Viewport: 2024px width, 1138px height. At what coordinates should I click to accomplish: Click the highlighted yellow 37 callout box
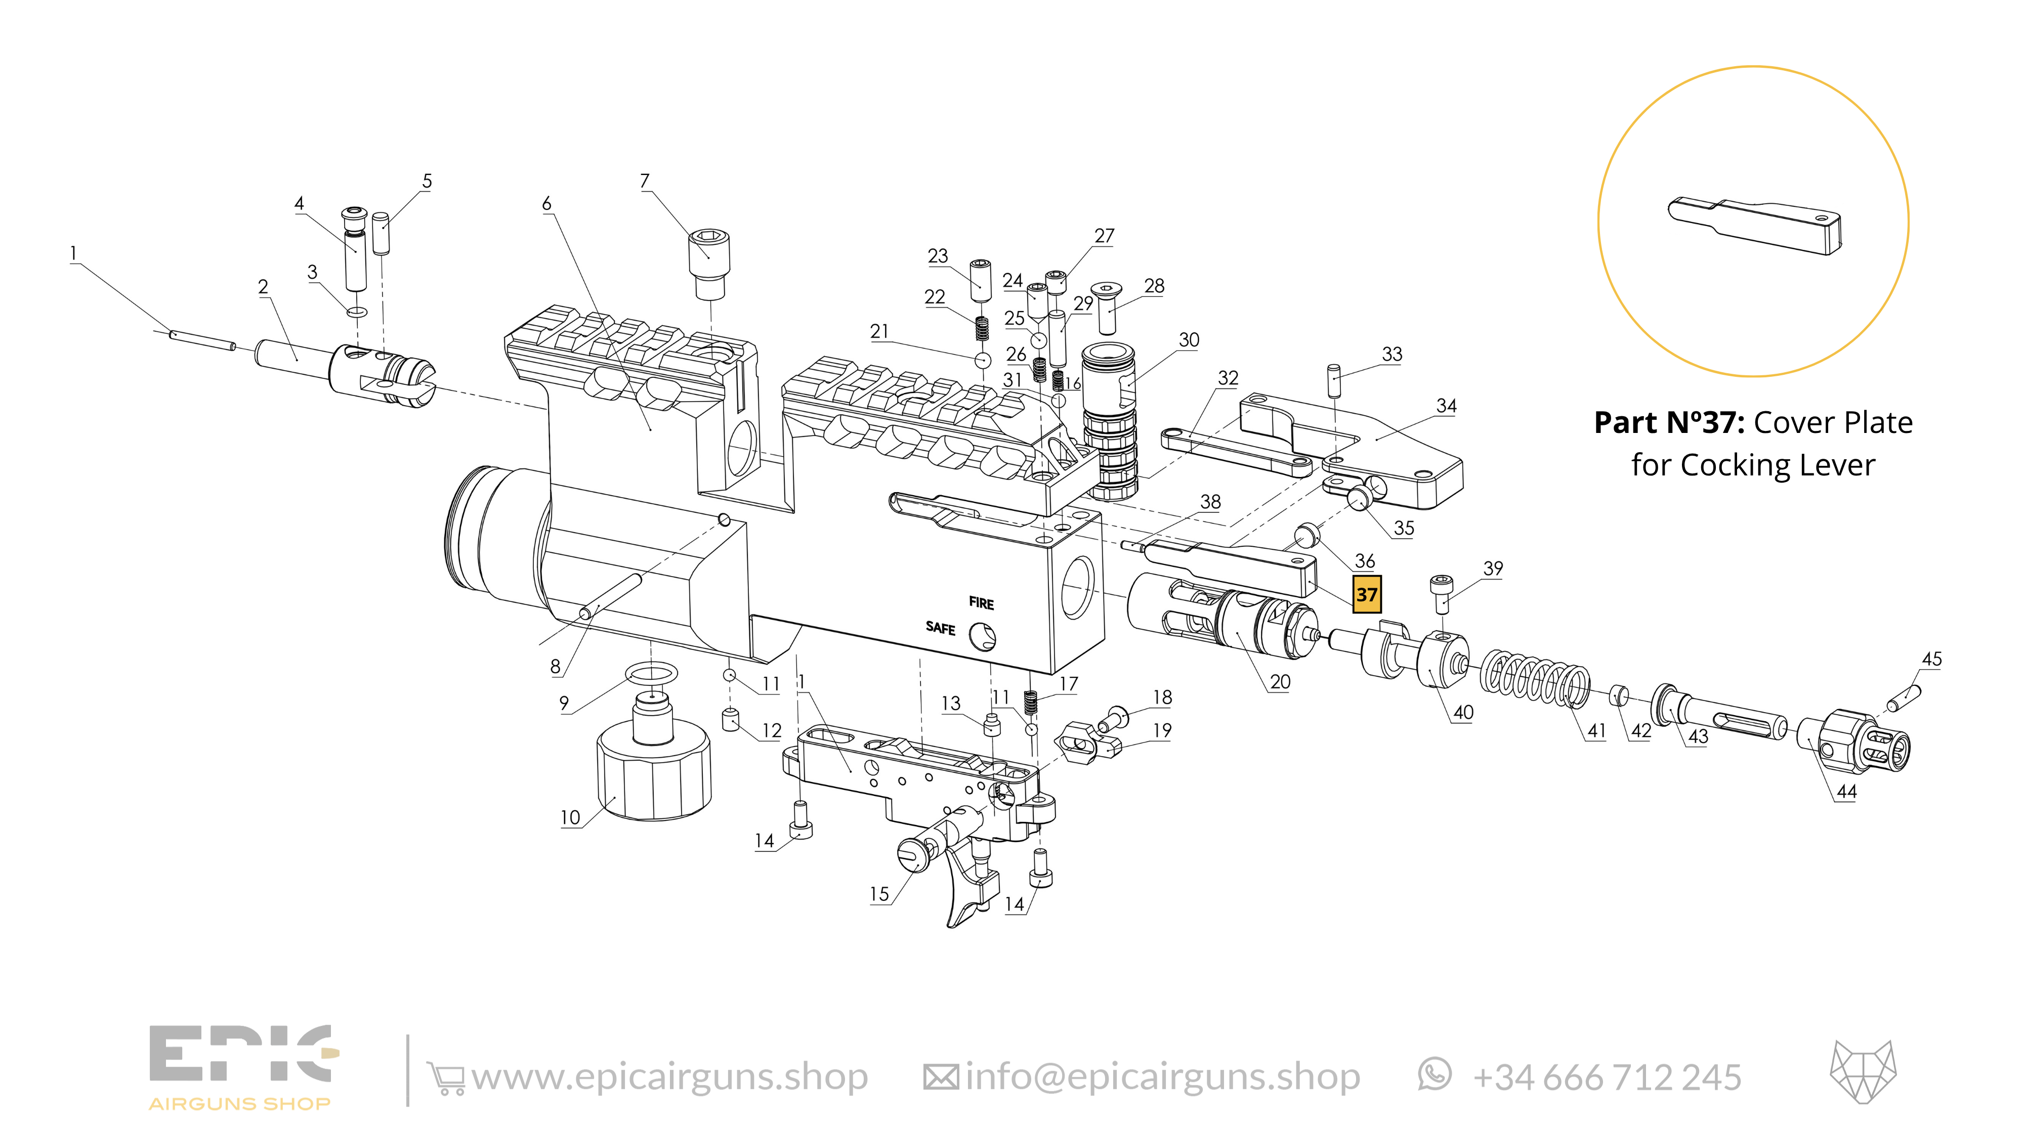click(1366, 594)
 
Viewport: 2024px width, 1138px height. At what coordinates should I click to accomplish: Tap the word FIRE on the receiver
click(981, 603)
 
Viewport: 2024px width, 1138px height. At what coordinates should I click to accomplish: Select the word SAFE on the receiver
click(940, 628)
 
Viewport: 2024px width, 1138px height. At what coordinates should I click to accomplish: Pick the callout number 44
click(1846, 792)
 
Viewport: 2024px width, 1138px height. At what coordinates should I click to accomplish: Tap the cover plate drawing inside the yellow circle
click(1754, 226)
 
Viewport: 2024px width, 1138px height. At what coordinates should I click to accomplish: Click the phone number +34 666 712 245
click(1607, 1077)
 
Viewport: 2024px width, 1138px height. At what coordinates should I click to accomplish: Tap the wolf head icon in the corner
click(1863, 1072)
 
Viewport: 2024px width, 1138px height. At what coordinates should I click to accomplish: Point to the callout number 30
click(1189, 340)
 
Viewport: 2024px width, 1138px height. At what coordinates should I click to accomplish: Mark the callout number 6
click(547, 204)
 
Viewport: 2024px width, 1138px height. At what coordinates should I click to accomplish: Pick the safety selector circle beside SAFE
click(982, 636)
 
